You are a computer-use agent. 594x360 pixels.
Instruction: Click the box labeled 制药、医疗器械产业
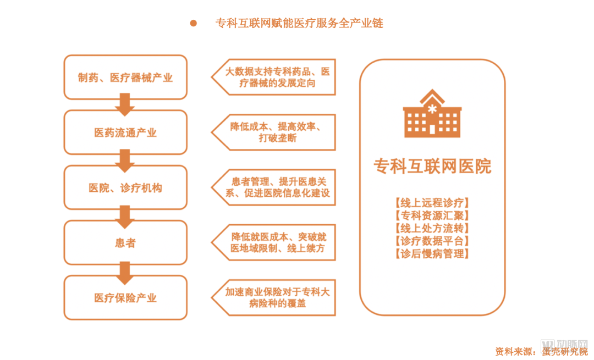point(125,77)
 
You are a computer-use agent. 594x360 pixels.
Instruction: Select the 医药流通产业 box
point(125,132)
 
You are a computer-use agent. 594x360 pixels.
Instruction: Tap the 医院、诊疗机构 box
point(125,187)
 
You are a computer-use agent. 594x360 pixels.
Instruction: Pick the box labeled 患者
point(125,242)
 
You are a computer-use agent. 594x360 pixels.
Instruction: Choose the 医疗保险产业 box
point(125,297)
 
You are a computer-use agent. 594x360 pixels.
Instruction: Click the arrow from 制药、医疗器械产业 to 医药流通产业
point(125,104)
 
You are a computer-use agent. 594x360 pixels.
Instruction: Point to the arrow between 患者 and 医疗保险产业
point(125,269)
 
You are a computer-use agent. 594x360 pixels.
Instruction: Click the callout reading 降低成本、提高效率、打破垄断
point(275,132)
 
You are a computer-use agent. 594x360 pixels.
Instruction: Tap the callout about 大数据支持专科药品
point(275,77)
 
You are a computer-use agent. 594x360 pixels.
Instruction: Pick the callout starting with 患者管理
point(275,187)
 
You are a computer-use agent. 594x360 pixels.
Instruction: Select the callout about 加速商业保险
point(275,297)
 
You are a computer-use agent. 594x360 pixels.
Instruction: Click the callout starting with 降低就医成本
point(275,242)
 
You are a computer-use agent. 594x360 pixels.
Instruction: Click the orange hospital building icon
point(432,114)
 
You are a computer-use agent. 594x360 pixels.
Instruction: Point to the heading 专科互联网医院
point(432,166)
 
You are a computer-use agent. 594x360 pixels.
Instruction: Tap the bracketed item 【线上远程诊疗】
point(432,203)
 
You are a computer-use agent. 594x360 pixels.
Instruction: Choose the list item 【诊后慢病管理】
point(432,253)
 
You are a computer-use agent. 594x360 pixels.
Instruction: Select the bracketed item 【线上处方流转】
point(432,228)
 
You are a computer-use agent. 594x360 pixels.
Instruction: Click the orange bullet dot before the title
point(193,23)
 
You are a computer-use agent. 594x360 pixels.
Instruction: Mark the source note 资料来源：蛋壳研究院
point(541,351)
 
